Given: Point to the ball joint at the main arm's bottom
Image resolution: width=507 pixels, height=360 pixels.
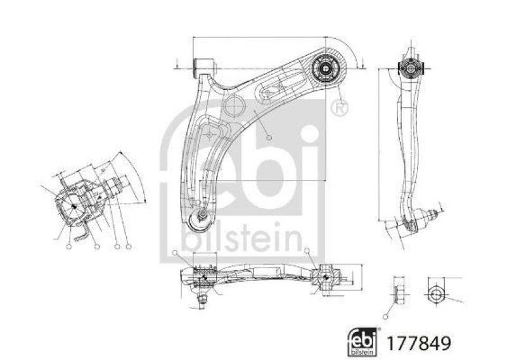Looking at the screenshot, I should point(200,219).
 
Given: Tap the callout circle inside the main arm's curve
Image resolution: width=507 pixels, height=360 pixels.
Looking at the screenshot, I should point(270,138).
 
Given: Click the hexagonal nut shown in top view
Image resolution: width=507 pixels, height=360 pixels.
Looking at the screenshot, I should point(435,293).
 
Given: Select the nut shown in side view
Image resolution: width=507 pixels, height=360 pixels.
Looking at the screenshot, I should point(398,293).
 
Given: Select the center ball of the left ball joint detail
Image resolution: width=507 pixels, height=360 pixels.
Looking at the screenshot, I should point(74,205).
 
